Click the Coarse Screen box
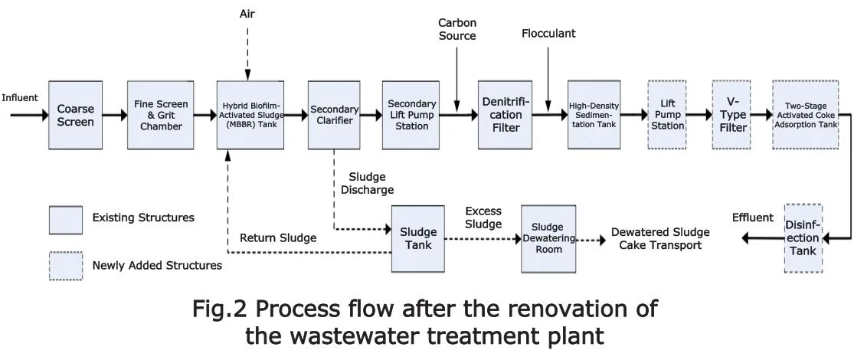click(76, 115)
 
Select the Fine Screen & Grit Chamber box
click(161, 115)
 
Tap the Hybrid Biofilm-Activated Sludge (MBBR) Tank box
click(250, 115)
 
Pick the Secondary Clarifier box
click(334, 115)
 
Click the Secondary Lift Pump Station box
click(412, 115)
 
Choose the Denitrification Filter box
click(502, 115)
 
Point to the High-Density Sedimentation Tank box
click(594, 115)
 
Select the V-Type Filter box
click(732, 115)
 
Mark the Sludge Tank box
click(417, 238)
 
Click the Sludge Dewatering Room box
click(548, 238)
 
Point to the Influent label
click(20, 97)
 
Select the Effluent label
click(752, 218)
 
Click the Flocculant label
click(548, 34)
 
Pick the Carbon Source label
click(457, 28)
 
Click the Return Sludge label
click(278, 238)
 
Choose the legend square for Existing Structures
click(66, 220)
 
